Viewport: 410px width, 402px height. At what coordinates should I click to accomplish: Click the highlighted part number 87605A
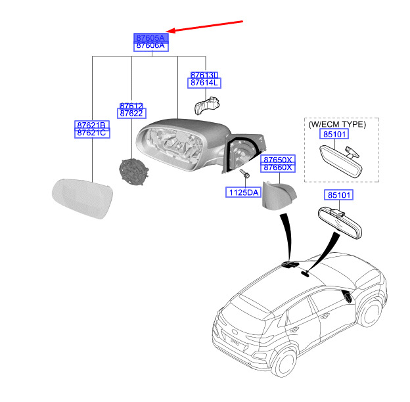(151, 38)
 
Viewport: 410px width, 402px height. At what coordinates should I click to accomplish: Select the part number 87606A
(151, 47)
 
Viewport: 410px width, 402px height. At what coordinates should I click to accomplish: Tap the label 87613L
(204, 76)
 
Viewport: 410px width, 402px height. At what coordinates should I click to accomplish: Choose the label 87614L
(204, 83)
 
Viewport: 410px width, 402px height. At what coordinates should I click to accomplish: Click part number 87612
(131, 106)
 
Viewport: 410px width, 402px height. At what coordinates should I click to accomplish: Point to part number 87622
(131, 114)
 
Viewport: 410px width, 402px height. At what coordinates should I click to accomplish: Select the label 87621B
(91, 124)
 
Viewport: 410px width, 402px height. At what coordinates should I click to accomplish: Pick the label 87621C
(91, 133)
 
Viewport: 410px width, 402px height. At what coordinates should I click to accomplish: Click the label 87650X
(279, 160)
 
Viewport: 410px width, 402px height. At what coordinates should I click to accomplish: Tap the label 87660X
(279, 168)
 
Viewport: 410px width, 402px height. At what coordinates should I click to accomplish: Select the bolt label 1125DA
(244, 192)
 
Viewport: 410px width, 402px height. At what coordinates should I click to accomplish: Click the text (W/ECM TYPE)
(337, 123)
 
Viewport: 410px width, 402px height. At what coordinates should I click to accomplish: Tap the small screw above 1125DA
(244, 175)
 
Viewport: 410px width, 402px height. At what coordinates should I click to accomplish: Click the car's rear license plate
(235, 340)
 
